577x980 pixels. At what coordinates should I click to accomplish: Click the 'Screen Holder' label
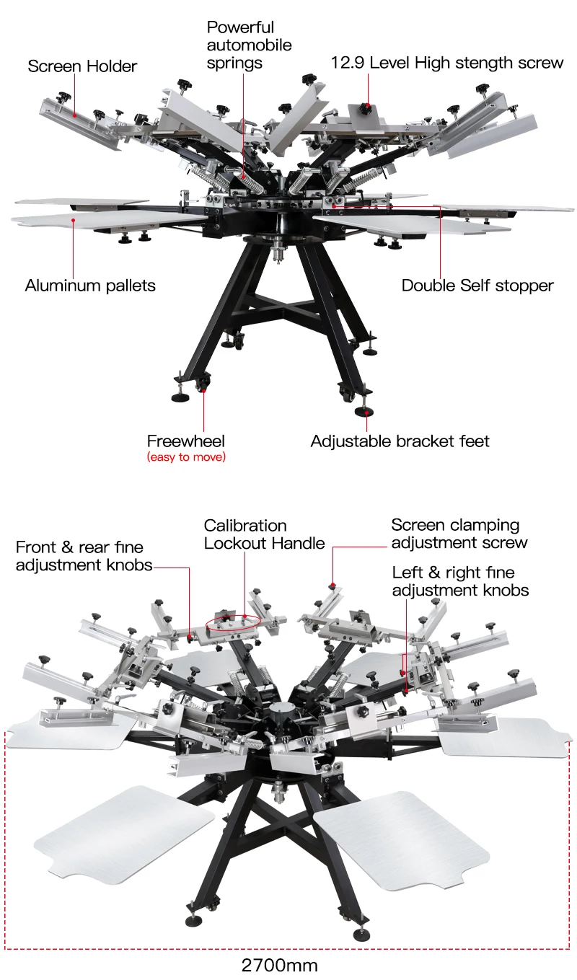tap(82, 66)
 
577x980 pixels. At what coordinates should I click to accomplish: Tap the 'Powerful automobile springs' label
tap(249, 45)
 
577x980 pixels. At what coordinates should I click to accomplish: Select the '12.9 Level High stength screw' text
tap(447, 63)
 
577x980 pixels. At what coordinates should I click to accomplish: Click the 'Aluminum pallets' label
tap(90, 286)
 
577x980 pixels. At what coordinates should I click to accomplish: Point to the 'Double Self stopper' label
tap(477, 286)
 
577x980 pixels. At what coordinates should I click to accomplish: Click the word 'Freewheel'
tap(186, 441)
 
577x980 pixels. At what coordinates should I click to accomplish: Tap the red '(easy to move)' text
tap(186, 457)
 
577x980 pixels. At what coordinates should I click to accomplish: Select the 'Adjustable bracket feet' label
tap(400, 441)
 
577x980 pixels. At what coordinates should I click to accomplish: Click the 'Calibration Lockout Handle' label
tap(264, 534)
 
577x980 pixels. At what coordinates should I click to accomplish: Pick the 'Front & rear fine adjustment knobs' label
tap(84, 556)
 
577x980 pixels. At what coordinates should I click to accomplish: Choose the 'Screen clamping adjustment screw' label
tap(459, 534)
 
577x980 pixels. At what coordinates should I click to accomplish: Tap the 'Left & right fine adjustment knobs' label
tap(460, 581)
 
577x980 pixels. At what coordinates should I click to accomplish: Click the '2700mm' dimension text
tap(279, 966)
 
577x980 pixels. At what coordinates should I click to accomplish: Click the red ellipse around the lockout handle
tap(233, 622)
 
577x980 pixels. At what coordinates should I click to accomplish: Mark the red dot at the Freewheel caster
tap(204, 390)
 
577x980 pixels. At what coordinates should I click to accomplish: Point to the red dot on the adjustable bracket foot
tap(368, 412)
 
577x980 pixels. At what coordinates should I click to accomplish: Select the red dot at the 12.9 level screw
tap(368, 106)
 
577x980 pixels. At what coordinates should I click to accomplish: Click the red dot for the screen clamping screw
tap(332, 584)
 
